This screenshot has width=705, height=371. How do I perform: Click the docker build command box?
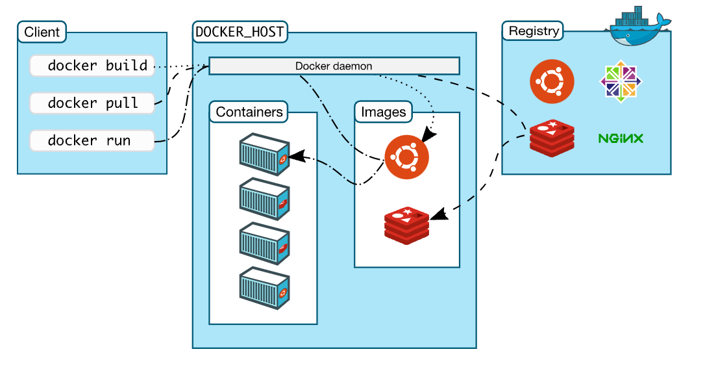[92, 66]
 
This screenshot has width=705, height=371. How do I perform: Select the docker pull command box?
[92, 103]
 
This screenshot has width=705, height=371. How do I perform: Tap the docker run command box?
[92, 140]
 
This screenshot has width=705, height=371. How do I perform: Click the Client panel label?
[42, 31]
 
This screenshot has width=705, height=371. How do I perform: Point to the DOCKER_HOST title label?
[240, 31]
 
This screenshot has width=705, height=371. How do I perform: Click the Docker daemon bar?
[334, 66]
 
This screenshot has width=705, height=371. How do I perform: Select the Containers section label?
[249, 112]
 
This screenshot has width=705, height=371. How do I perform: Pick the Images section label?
[384, 112]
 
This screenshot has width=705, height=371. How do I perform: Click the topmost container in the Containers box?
[264, 155]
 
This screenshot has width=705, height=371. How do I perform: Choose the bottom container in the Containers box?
[264, 287]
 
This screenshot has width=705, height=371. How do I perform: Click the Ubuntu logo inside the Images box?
[407, 157]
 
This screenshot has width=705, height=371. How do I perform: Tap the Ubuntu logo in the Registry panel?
[552, 81]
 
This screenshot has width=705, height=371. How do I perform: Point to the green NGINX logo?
[621, 138]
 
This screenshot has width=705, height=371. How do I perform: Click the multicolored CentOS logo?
[621, 81]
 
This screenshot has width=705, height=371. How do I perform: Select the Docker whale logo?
[640, 27]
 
